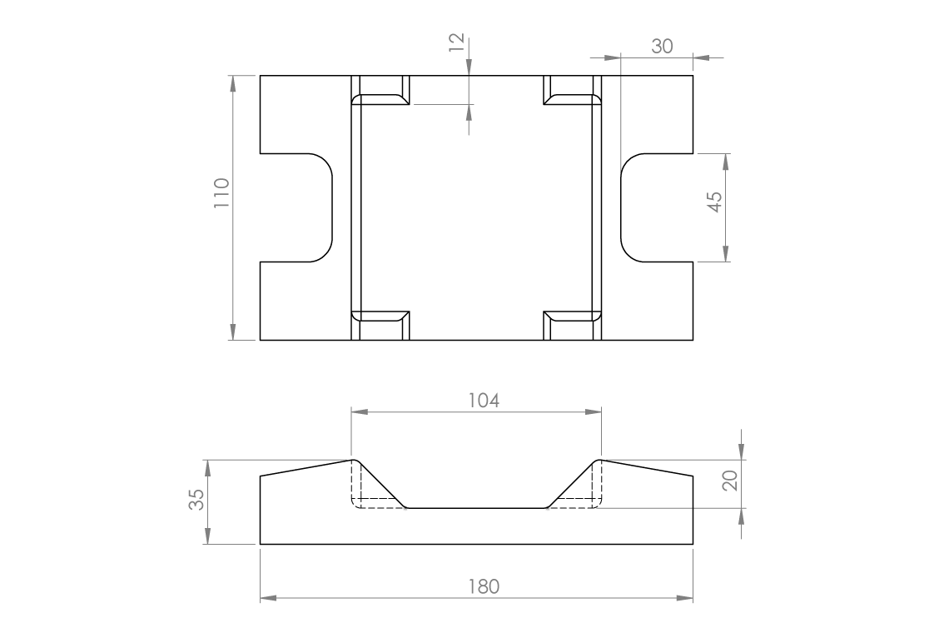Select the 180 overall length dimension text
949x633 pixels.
click(x=483, y=586)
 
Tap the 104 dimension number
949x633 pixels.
click(x=483, y=401)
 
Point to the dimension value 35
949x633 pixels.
click(x=196, y=500)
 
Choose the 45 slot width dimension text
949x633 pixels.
click(x=714, y=202)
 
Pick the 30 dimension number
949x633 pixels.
click(x=662, y=47)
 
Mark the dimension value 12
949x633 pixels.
click(x=455, y=42)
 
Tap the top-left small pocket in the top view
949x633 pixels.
click(x=381, y=92)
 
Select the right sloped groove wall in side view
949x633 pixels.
click(x=571, y=484)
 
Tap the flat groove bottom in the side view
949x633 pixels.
click(x=475, y=507)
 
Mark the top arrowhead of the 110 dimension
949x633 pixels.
click(x=232, y=81)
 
